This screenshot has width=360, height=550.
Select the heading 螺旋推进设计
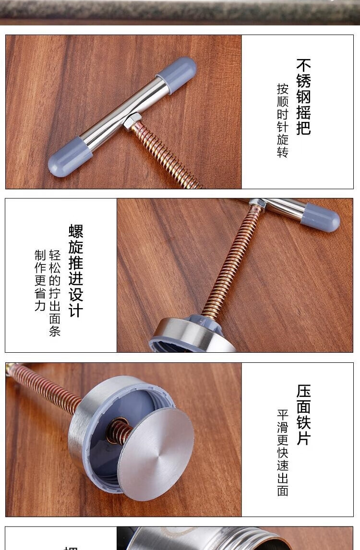pos(76,271)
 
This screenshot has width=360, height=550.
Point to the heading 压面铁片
pos(303,415)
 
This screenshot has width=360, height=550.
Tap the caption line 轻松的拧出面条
pos(55,293)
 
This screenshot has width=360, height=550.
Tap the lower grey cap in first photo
pos(70,156)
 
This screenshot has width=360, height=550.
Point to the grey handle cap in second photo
pos(320,217)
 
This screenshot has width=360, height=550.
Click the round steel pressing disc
pos(156,454)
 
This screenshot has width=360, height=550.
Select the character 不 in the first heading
pos(303,65)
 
